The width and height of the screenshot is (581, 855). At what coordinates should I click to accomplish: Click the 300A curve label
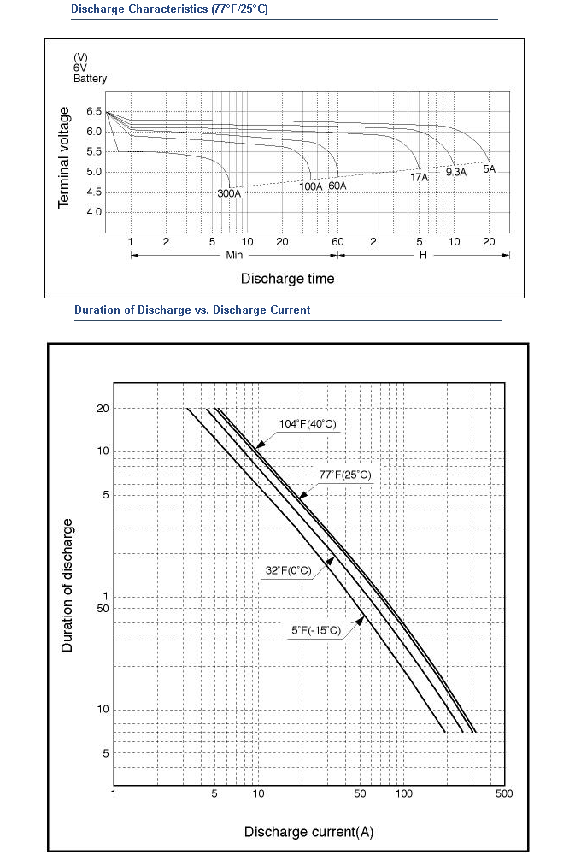pos(229,193)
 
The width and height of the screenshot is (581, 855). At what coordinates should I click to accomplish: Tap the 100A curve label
pos(311,186)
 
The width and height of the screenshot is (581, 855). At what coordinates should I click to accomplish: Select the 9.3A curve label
pos(456,173)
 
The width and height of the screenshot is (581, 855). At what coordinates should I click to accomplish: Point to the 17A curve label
pos(420,177)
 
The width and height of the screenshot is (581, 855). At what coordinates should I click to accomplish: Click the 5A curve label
pos(490,169)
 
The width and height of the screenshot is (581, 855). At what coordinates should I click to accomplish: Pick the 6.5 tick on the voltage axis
pos(94,112)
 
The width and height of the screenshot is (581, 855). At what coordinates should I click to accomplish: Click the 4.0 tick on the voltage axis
pos(94,212)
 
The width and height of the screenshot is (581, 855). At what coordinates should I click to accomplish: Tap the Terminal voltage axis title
pos(64,157)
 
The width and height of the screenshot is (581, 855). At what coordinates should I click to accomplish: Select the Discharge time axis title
pos(287,279)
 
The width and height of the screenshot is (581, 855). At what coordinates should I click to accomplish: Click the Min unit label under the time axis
pos(234,255)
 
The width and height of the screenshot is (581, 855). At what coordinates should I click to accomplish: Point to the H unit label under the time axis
pos(423,255)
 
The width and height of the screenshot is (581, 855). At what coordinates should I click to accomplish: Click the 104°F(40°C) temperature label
pos(308,424)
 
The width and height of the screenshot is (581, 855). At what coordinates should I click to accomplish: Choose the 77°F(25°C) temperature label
pos(345,475)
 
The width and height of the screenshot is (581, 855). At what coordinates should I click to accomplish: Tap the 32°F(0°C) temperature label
pos(288,570)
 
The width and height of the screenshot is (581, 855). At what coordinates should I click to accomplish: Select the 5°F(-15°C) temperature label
pos(316,630)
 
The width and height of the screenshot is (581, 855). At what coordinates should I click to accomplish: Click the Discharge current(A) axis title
pos(308,832)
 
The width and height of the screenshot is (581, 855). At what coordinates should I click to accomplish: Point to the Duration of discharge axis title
pos(67,585)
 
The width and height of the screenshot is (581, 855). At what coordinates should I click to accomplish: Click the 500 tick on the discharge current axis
pos(504,793)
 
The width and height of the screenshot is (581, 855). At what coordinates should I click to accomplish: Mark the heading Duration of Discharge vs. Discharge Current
pos(192,310)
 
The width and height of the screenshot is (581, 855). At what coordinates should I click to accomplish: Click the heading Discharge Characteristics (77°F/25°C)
pos(169,9)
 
